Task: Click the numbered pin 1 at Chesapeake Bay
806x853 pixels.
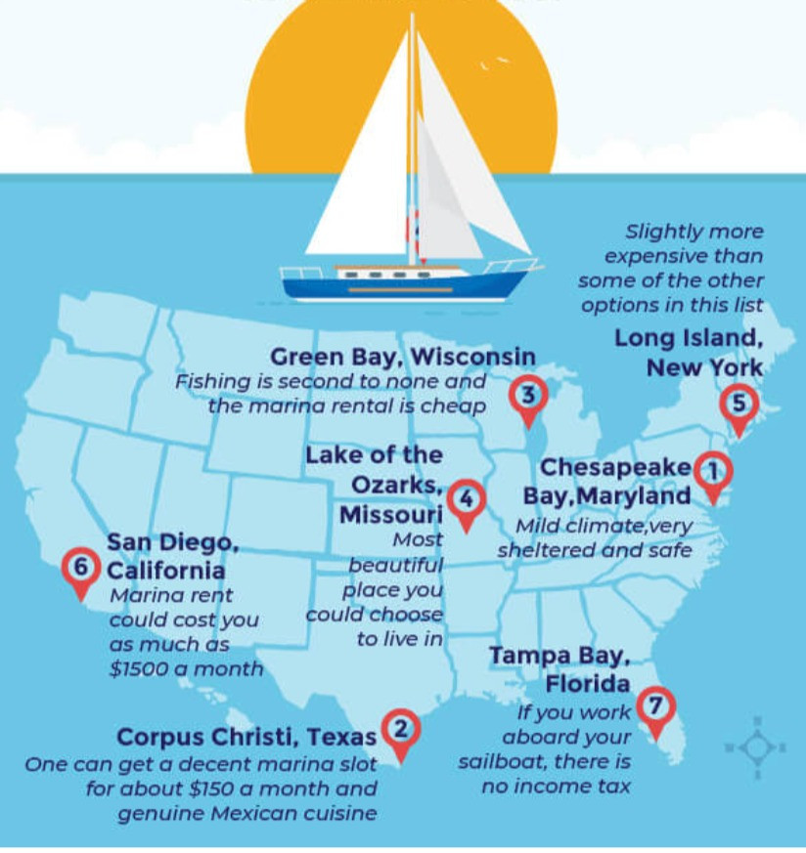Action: tap(713, 473)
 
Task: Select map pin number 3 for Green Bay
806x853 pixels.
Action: tap(528, 397)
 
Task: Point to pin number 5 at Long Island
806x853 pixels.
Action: tap(739, 404)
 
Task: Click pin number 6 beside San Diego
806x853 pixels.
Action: tap(80, 568)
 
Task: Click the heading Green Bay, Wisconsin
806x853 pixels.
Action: tap(402, 357)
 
